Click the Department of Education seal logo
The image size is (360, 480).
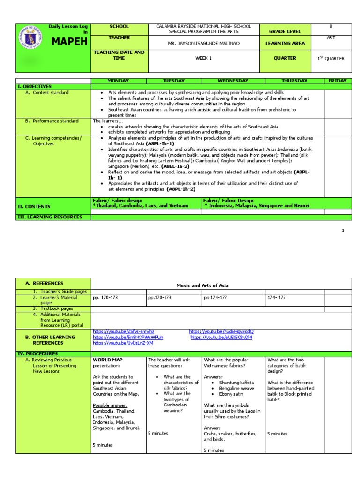[32, 41]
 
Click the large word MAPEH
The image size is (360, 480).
[70, 42]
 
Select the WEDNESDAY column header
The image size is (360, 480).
[233, 81]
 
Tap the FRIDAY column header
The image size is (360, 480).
[337, 81]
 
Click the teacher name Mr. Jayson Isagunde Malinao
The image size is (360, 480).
[203, 43]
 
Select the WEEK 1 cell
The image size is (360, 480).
[203, 58]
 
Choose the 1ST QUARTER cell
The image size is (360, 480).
[331, 59]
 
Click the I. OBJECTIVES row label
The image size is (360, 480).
[35, 87]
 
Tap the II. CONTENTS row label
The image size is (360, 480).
[34, 206]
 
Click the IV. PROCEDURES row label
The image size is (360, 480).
[37, 353]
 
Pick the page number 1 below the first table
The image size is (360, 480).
[343, 231]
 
